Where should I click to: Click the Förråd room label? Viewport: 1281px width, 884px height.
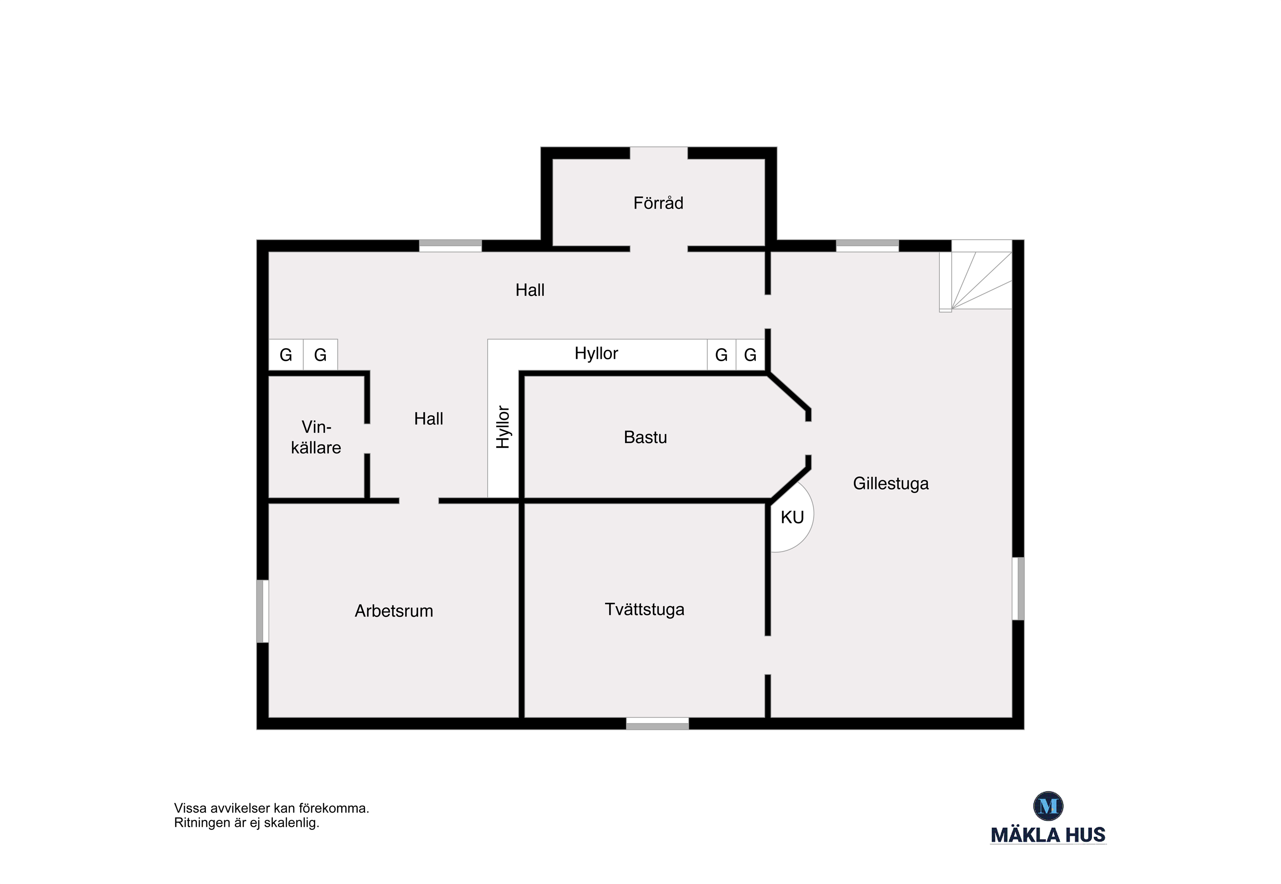coord(658,203)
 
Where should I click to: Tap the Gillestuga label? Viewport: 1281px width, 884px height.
coord(891,484)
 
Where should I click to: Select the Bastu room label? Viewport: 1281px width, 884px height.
coord(646,438)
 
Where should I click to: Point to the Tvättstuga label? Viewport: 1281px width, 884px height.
coord(644,610)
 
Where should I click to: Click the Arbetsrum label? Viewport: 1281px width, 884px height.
coord(394,611)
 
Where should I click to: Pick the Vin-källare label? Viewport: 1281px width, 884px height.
coord(316,437)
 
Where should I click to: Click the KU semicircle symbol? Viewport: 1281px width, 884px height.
coord(792,517)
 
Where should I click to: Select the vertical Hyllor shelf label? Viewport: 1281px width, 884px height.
coord(503,427)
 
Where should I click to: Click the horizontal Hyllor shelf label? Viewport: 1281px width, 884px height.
coord(596,353)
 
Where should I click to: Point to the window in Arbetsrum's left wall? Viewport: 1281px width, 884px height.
coord(263,611)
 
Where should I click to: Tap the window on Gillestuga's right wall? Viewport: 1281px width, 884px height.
coord(1018,588)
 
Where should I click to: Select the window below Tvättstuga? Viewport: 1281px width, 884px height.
coord(658,723)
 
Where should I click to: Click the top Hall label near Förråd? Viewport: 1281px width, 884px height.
coord(530,290)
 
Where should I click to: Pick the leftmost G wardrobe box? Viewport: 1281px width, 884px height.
coord(286,355)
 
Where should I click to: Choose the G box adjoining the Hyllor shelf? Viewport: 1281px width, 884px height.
coord(721,355)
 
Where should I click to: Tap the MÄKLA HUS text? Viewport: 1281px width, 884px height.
coord(1048,835)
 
